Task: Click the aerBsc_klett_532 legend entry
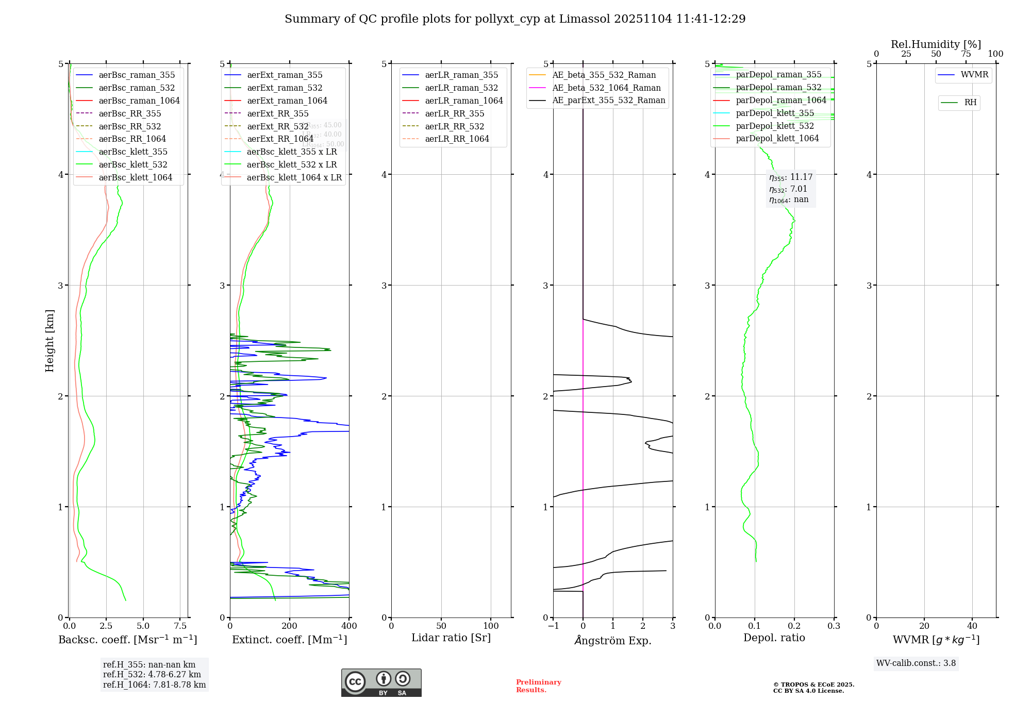pyautogui.click(x=132, y=165)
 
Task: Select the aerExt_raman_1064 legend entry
pyautogui.click(x=287, y=101)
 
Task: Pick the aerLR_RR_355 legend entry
pyautogui.click(x=454, y=114)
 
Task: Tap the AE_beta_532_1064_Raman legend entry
pyautogui.click(x=606, y=88)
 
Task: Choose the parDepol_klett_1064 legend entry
pyautogui.click(x=777, y=139)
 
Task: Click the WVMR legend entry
pyautogui.click(x=974, y=75)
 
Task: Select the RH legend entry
pyautogui.click(x=970, y=103)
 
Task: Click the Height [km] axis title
pyautogui.click(x=49, y=341)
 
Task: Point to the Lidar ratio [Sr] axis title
pyautogui.click(x=451, y=638)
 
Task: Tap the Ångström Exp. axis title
pyautogui.click(x=613, y=641)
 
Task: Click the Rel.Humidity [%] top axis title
pyautogui.click(x=936, y=44)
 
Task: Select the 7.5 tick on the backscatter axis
pyautogui.click(x=180, y=626)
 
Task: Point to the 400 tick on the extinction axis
pyautogui.click(x=349, y=626)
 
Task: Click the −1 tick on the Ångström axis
pyautogui.click(x=553, y=626)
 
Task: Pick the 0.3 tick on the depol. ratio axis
pyautogui.click(x=834, y=626)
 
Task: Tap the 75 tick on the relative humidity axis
pyautogui.click(x=966, y=54)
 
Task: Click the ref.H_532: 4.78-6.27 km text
pyautogui.click(x=152, y=675)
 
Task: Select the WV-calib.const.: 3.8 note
pyautogui.click(x=916, y=663)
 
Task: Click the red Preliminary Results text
pyautogui.click(x=538, y=686)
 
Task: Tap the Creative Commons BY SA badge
pyautogui.click(x=381, y=683)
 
